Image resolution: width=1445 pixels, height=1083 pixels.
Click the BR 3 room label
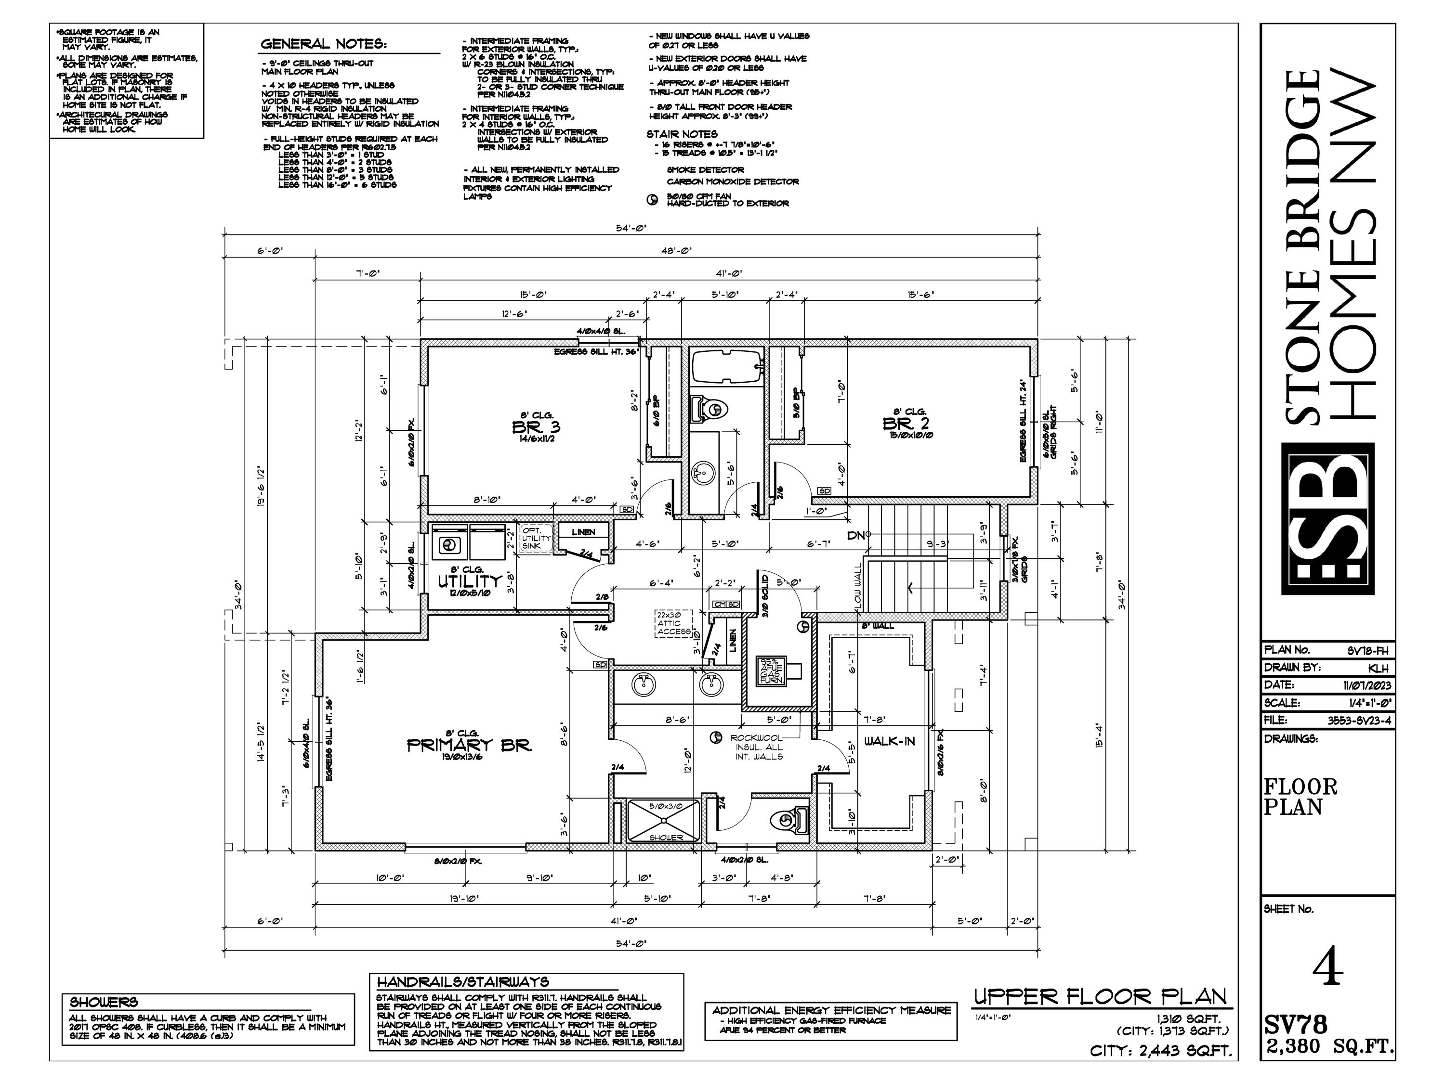click(536, 427)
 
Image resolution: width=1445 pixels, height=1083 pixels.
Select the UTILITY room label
click(470, 580)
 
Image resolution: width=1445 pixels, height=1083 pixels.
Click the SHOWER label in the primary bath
click(666, 838)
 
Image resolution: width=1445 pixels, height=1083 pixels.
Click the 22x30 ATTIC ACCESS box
click(673, 623)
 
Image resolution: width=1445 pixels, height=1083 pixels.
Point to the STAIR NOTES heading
click(682, 134)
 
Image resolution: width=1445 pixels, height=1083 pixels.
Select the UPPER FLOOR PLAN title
click(1100, 996)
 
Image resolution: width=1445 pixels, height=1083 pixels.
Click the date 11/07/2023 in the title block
click(1367, 685)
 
